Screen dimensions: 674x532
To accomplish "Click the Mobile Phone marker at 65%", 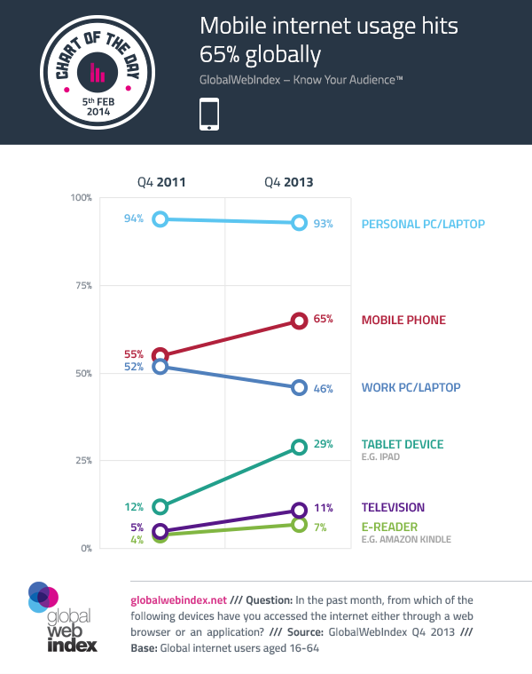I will coord(299,321).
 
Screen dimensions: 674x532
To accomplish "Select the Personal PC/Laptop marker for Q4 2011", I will coord(160,218).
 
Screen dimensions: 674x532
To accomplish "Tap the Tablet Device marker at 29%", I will coord(299,447).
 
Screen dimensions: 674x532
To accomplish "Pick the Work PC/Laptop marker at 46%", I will coord(299,387).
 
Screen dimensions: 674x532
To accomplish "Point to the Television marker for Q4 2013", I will coord(299,510).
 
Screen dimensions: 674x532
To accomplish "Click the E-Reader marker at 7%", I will coord(299,524).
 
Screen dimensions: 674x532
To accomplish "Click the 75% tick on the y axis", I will coord(81,285).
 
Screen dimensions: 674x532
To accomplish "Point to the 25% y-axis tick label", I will coord(81,461).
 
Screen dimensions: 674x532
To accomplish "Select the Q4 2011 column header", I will coord(160,182).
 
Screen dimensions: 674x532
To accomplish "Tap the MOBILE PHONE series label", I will coord(403,321).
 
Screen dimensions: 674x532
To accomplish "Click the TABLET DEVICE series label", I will coord(403,444).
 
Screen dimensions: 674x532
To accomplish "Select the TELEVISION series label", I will coord(393,508).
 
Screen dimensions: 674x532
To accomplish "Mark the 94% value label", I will coord(135,219).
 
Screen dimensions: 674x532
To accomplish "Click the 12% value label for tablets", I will coord(135,507).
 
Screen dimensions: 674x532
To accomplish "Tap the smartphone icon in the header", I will coord(209,115).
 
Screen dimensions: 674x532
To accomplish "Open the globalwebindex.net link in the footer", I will coord(178,599).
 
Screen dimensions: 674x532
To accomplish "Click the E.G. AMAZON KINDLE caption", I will coord(406,539).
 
